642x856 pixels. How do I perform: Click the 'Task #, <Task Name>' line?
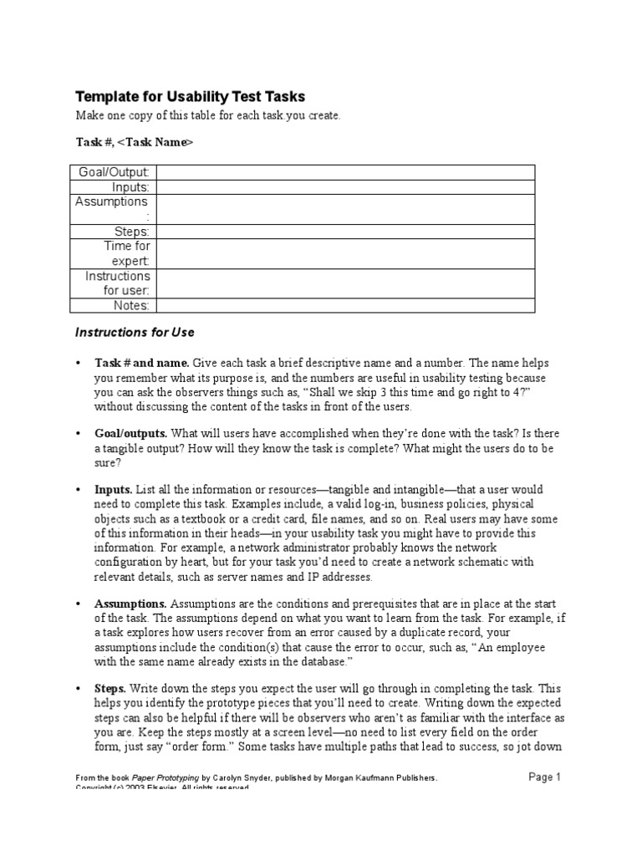[x=135, y=142]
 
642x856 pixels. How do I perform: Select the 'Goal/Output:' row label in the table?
[x=113, y=172]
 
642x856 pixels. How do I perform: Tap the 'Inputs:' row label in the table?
[x=130, y=187]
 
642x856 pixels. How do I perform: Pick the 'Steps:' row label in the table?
[x=132, y=232]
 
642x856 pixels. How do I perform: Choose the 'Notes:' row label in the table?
[x=131, y=306]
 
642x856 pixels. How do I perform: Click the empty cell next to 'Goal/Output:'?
[x=344, y=172]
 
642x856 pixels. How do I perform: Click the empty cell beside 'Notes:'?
[x=344, y=306]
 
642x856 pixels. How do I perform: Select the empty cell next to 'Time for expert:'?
[x=344, y=254]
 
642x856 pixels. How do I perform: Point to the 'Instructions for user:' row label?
[x=118, y=283]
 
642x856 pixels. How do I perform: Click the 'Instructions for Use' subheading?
[x=135, y=332]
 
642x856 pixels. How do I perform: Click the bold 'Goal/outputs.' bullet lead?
[x=131, y=433]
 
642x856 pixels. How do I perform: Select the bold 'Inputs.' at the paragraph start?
[x=114, y=489]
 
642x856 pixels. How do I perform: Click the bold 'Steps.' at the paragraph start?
[x=110, y=688]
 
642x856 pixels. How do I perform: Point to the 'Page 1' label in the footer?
[x=545, y=777]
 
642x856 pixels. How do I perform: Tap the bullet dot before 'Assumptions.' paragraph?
[x=78, y=604]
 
